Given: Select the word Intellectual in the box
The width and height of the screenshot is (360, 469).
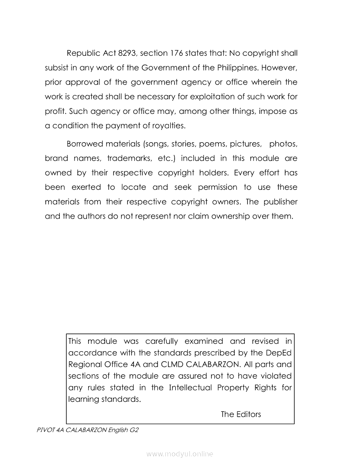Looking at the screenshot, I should pyautogui.click(x=191, y=387).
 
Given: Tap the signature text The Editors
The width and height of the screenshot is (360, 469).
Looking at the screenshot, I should pyautogui.click(x=241, y=414).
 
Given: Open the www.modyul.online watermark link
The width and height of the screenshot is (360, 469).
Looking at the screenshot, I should pyautogui.click(x=180, y=454).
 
